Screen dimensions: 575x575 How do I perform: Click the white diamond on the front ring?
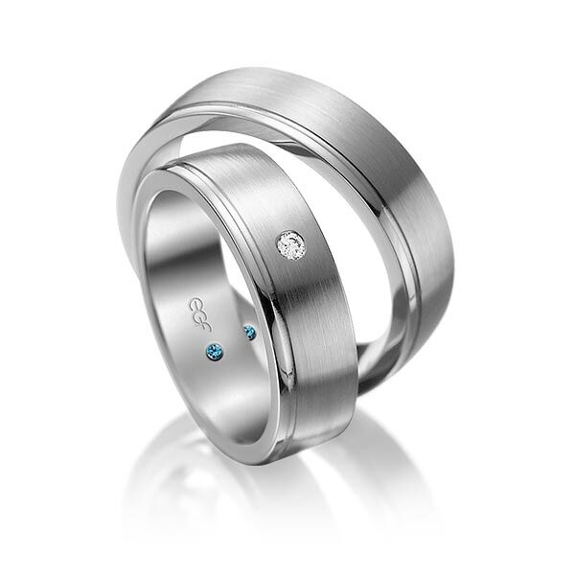pos(291,245)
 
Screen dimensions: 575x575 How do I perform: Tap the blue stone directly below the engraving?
pos(214,350)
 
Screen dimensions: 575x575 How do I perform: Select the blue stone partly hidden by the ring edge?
pos(250,333)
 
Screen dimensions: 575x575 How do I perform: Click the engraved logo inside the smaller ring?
pos(195,309)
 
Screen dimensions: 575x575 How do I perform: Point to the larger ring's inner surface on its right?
pos(383,316)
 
